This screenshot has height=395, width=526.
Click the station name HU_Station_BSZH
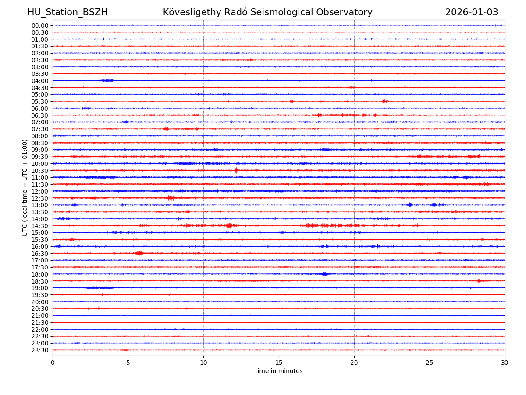click(x=68, y=12)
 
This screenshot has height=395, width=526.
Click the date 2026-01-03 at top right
click(x=472, y=12)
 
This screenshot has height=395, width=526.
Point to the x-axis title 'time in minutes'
click(x=279, y=371)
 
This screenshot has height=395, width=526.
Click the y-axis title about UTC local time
click(x=25, y=187)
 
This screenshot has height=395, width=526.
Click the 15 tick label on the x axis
click(x=279, y=363)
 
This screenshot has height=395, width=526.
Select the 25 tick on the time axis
click(x=430, y=363)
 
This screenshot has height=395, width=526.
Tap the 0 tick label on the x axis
click(x=53, y=363)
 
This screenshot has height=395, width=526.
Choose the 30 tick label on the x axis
click(x=505, y=363)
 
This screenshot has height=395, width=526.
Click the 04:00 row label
click(x=40, y=81)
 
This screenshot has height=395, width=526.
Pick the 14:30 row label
click(x=40, y=226)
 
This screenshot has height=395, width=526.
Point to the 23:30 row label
click(x=40, y=350)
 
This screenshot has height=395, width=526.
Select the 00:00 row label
click(x=40, y=25)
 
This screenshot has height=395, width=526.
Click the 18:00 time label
click(x=40, y=274)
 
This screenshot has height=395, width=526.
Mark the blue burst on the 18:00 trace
click(x=324, y=274)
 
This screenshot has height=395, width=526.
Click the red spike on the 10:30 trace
click(x=236, y=170)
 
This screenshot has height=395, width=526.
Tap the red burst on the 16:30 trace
click(x=139, y=253)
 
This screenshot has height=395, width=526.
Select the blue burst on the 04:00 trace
click(x=106, y=80)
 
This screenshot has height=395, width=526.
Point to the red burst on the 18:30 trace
click(x=479, y=280)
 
